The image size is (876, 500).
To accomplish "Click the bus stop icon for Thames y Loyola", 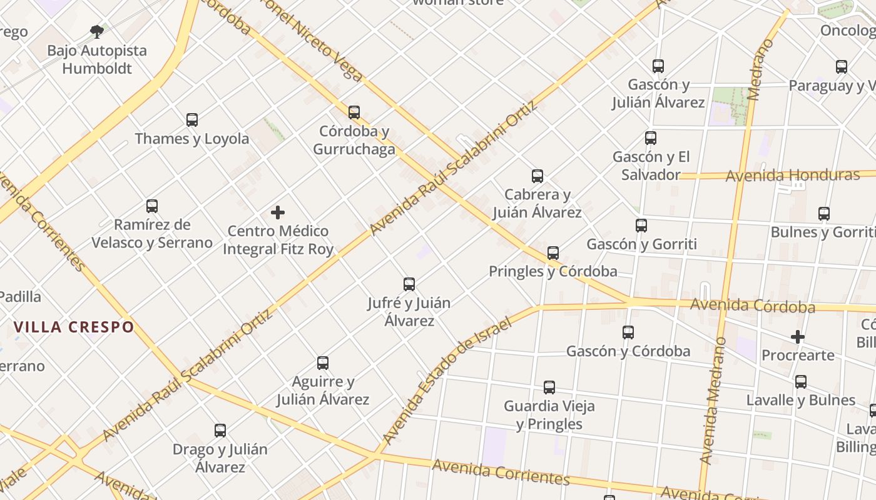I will point(192,119).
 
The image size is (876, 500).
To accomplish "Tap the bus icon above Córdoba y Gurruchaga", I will point(354,112).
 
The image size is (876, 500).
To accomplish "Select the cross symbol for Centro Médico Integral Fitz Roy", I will point(278,212).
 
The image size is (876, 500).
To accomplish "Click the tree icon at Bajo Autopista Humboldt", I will point(96,31).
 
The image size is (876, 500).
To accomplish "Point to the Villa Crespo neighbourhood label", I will point(74,327).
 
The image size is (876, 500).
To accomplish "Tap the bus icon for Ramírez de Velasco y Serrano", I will point(152,206).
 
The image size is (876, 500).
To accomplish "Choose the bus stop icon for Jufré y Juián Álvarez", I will point(409,284).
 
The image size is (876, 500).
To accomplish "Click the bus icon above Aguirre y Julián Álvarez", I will point(323,362).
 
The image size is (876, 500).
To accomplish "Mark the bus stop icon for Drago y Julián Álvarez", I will point(220,430).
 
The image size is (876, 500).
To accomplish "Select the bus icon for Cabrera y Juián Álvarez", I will point(537,176).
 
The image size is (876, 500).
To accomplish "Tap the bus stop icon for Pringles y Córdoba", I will point(553,252).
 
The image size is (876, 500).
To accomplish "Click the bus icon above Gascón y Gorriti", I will point(641,225).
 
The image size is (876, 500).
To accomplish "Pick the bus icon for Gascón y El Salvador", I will point(651,137).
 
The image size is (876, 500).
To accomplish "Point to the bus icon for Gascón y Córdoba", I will point(628,332).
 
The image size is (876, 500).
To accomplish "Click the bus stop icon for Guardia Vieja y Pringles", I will point(549,387).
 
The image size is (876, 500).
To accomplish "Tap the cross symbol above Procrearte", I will point(798,337).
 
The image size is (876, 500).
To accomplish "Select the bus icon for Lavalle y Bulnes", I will point(801,381).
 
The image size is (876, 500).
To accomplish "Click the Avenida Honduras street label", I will point(793,175).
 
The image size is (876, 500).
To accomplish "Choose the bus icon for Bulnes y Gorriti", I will point(824,213).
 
